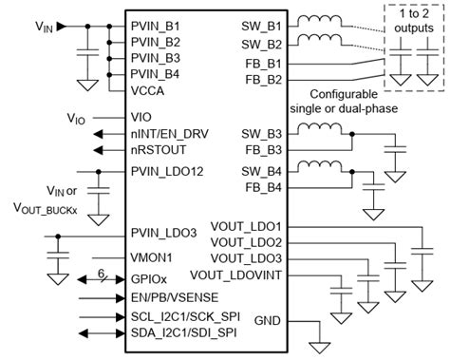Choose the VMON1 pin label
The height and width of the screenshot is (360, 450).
point(151,256)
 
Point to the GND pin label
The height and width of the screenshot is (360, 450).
point(268,321)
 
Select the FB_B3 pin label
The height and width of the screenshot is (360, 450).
point(264,149)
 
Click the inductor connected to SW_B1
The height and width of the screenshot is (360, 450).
point(319,21)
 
